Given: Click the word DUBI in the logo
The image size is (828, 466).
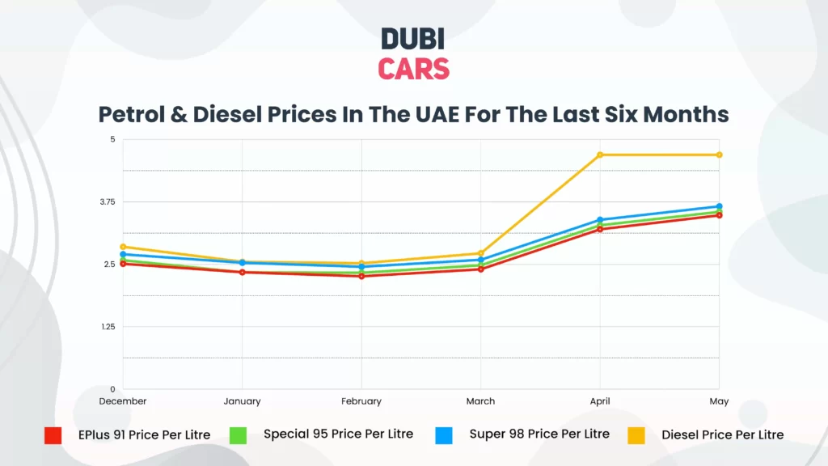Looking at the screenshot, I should (x=413, y=39).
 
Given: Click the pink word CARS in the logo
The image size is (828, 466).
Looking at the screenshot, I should (x=413, y=69).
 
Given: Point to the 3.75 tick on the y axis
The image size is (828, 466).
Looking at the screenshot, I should (x=107, y=201).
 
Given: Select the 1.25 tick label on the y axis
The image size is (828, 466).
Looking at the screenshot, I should (x=107, y=327).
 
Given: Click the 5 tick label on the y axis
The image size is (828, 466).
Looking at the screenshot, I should (x=112, y=139).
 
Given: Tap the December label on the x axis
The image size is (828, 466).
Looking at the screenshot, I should (x=123, y=401).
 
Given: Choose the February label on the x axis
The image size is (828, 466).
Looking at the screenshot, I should (x=361, y=401).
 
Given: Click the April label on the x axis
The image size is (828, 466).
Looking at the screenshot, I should (x=600, y=401).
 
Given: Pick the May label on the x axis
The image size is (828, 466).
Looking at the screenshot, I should (x=719, y=401).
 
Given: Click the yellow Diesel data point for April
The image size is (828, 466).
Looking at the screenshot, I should (x=600, y=155).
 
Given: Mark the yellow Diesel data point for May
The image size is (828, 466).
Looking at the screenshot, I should (x=719, y=155).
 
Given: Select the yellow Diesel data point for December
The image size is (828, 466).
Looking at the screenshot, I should (x=123, y=247).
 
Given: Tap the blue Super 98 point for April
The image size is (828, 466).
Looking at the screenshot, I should (x=600, y=219).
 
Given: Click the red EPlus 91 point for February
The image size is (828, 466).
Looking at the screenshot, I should (x=361, y=276).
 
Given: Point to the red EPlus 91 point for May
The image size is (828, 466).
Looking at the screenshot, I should (x=719, y=215).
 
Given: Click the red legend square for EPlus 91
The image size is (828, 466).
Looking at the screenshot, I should (x=53, y=435).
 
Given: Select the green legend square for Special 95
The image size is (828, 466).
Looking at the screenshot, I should (x=238, y=435).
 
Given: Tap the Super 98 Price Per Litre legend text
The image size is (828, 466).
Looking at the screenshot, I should (x=539, y=434).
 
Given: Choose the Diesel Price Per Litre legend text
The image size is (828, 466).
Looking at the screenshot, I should (x=722, y=435).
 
